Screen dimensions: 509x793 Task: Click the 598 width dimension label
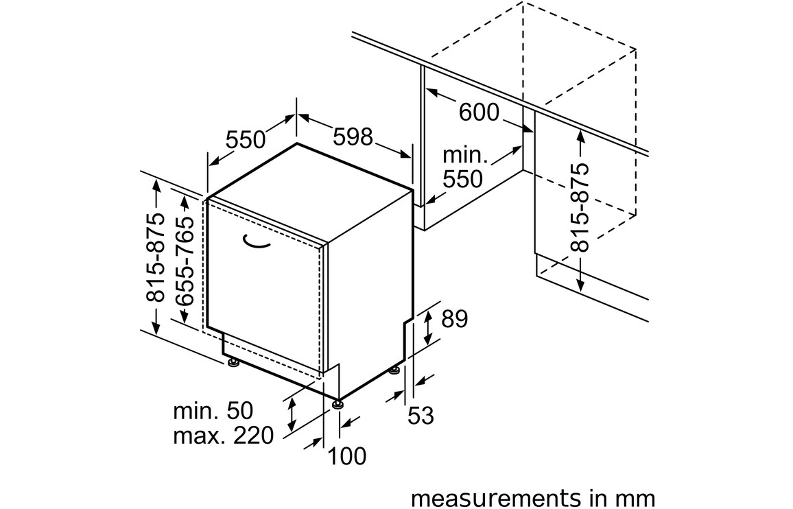[353, 137]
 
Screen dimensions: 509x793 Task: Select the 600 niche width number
[479, 112]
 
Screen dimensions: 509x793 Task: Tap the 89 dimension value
[453, 319]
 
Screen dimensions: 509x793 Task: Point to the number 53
[421, 415]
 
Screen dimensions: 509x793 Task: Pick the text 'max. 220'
[223, 434]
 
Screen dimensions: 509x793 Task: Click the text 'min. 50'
[213, 411]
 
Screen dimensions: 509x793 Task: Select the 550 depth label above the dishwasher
[246, 140]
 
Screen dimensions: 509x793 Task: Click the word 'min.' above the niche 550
[465, 156]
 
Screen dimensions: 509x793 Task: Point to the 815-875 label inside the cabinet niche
[580, 208]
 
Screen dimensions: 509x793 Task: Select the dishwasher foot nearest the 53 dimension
[394, 370]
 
